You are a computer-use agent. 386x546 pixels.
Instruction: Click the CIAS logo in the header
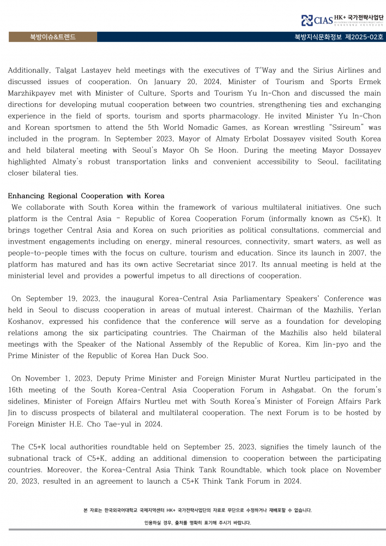point(315,21)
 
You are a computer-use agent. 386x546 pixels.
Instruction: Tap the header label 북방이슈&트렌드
point(53,37)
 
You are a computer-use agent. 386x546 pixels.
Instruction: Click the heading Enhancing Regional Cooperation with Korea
point(86,196)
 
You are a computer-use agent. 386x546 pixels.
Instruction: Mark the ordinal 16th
point(19,390)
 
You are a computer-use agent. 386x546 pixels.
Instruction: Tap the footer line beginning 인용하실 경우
point(197,523)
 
